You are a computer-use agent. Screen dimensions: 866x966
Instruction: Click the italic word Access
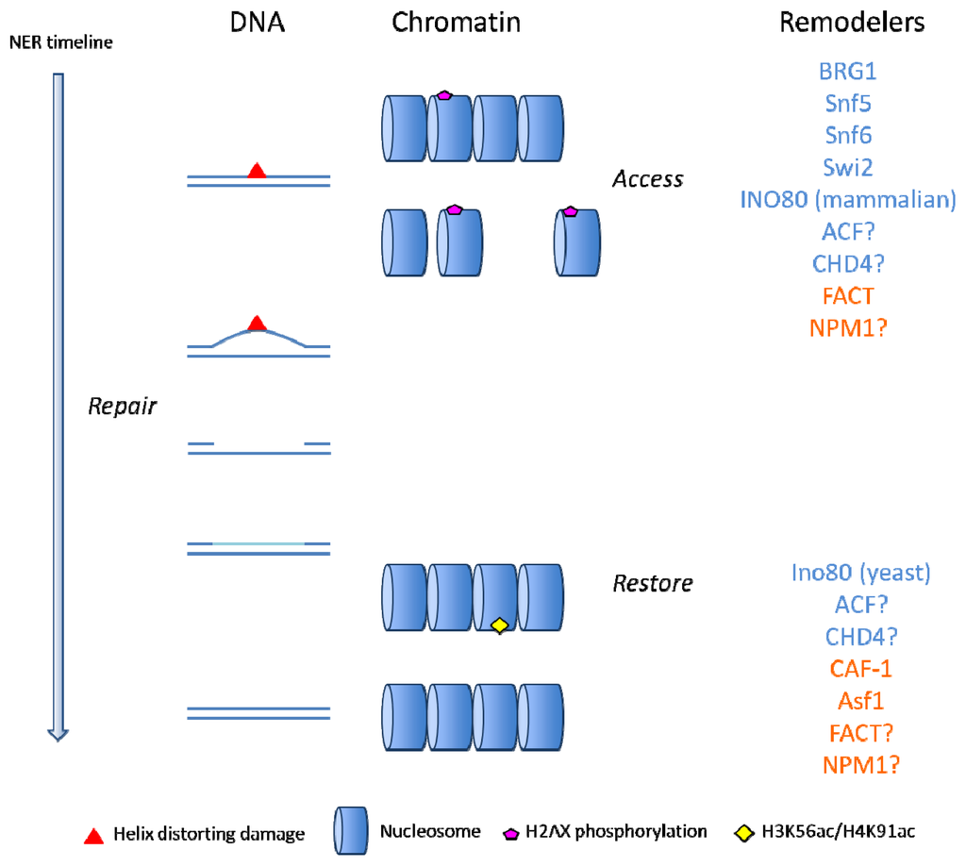pos(647,179)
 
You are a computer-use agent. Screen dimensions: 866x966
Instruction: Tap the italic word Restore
pos(653,584)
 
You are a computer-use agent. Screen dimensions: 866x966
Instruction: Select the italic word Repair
pos(122,408)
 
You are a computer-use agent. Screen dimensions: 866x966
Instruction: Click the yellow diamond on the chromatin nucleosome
pos(500,625)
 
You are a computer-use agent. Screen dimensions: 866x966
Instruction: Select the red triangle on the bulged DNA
pos(257,324)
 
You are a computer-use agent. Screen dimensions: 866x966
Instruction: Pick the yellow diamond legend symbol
pos(743,833)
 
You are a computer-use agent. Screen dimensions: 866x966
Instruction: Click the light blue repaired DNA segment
pos(258,543)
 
